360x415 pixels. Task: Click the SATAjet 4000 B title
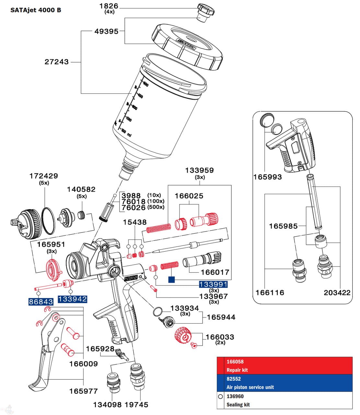tap(36, 10)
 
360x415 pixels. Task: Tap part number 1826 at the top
tap(109, 6)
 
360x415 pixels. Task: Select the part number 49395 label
tap(106, 31)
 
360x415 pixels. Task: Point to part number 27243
tap(57, 62)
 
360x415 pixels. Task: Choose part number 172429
tap(44, 176)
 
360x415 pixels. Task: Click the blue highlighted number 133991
tap(213, 285)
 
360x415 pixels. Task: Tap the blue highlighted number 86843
tap(41, 302)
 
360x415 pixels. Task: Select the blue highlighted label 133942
tap(72, 299)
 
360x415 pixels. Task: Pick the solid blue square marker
tap(171, 279)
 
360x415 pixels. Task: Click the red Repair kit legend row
tap(285, 366)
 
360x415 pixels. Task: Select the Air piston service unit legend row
tap(285, 383)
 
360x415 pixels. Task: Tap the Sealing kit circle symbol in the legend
tap(221, 396)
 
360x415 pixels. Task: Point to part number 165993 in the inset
tap(267, 177)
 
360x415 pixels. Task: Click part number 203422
tap(337, 292)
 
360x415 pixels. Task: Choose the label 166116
tap(270, 292)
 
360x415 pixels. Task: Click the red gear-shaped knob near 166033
tap(182, 337)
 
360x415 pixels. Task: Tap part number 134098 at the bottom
tap(107, 405)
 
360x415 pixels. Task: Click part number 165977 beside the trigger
tap(83, 391)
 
